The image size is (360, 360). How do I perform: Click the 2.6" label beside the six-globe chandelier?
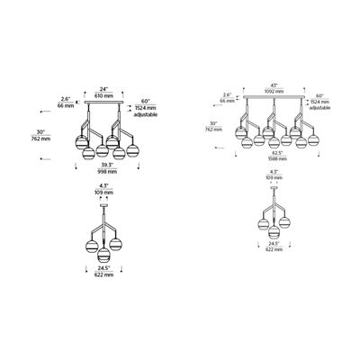[64, 98]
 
